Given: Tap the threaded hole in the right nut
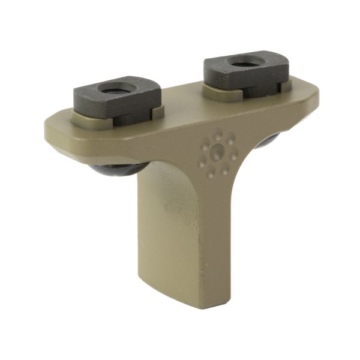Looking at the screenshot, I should (245, 62).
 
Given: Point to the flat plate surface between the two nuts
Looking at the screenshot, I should (180, 108).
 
